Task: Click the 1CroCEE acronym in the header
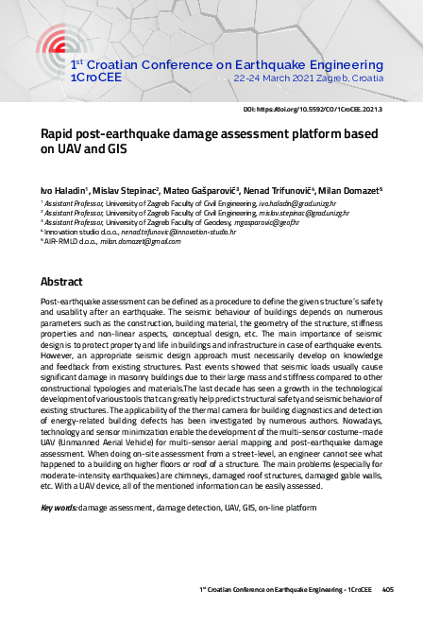93,78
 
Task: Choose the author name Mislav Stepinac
129,189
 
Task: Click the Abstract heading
62,282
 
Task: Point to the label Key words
59,508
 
